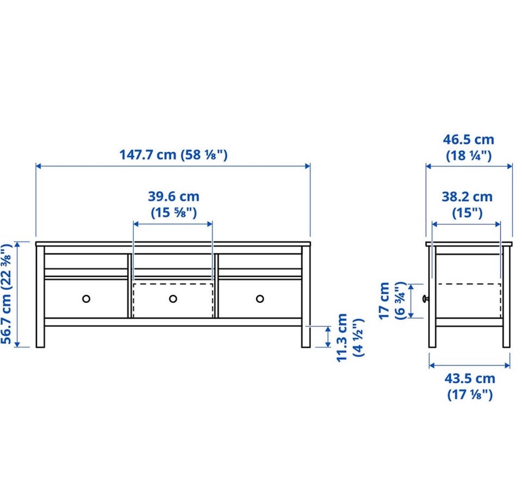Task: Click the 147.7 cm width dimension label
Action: (x=173, y=155)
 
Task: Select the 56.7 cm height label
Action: (x=7, y=294)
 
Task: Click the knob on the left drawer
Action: (x=86, y=298)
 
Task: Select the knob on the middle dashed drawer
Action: (x=173, y=298)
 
